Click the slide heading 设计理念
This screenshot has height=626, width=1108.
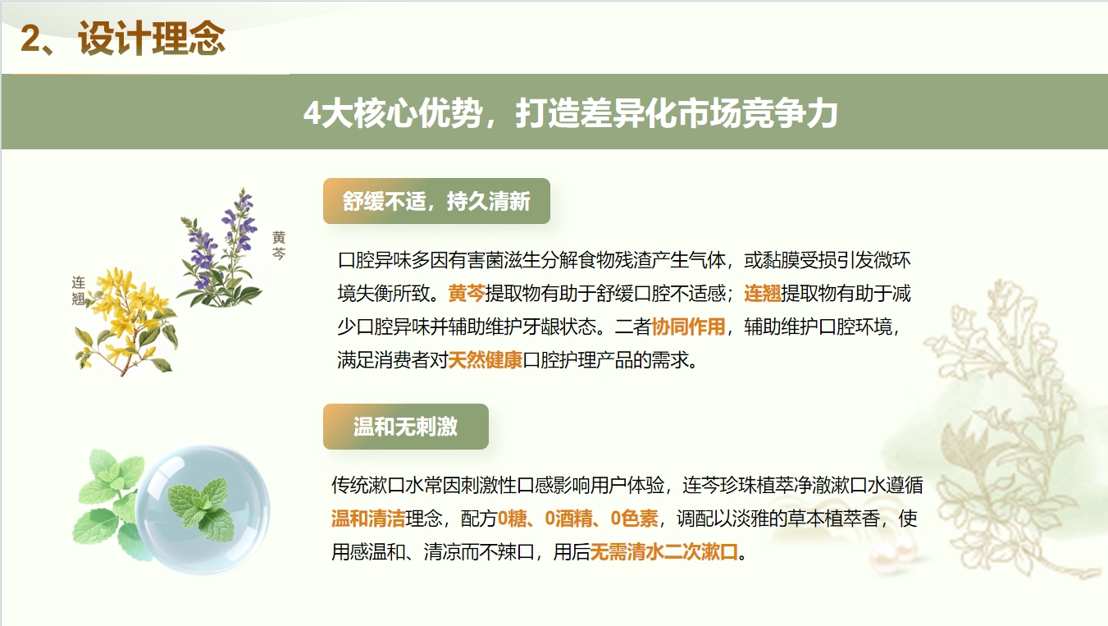pos(153,39)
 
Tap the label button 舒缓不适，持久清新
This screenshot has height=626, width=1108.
pos(435,201)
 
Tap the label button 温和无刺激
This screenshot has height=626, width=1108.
pos(405,427)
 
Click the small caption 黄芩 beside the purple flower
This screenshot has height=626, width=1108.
pos(280,245)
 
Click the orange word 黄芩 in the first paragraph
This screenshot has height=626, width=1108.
pos(467,294)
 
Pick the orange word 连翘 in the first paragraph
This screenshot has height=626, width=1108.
pos(762,294)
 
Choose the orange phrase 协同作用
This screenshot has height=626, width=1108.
pos(688,327)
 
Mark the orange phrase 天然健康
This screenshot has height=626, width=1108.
pos(486,360)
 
